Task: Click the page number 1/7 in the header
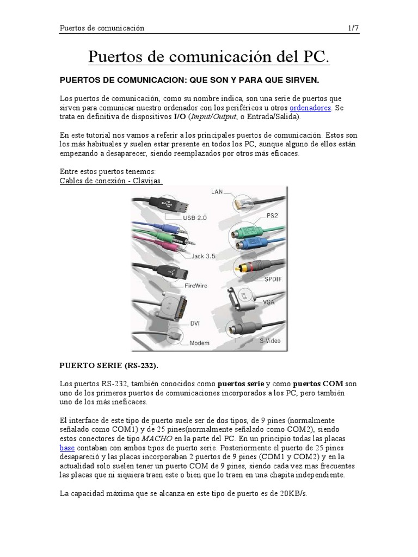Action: coord(353,28)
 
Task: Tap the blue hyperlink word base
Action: coord(66,447)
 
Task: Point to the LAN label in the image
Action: coord(218,192)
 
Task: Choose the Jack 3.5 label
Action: coord(203,256)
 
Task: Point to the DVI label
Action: coord(194,323)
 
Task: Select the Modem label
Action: coord(199,343)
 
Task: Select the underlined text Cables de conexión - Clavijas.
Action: coord(111,180)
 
